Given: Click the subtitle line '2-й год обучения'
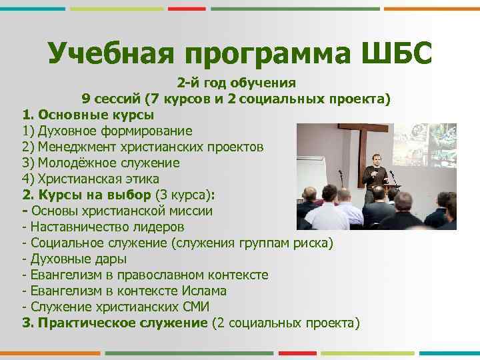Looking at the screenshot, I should tap(236, 83).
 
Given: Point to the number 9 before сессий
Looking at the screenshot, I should tap(86, 99).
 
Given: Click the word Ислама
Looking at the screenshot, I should tap(203, 291).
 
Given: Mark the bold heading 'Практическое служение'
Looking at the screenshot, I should tap(122, 323).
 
